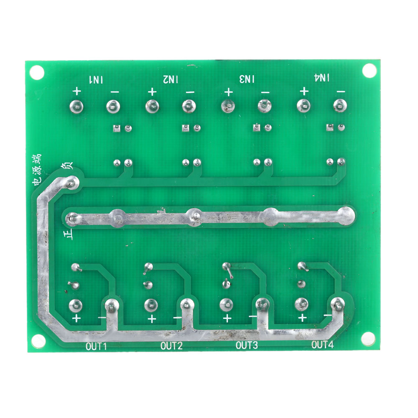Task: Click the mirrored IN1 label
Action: (x=96, y=80)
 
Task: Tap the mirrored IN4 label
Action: (x=322, y=78)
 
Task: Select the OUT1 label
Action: (x=96, y=346)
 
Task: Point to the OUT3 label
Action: (x=247, y=346)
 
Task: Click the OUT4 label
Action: (x=322, y=345)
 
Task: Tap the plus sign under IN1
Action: (x=77, y=91)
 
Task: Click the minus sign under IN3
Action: (x=265, y=93)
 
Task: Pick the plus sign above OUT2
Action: (x=152, y=319)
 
